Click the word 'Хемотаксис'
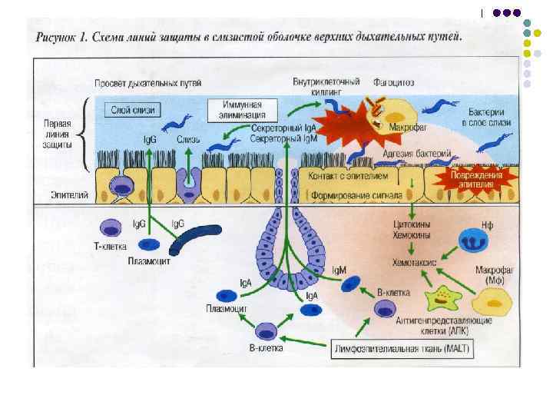point(415,262)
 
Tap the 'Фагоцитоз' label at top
point(393,81)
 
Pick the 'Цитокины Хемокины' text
point(412,229)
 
